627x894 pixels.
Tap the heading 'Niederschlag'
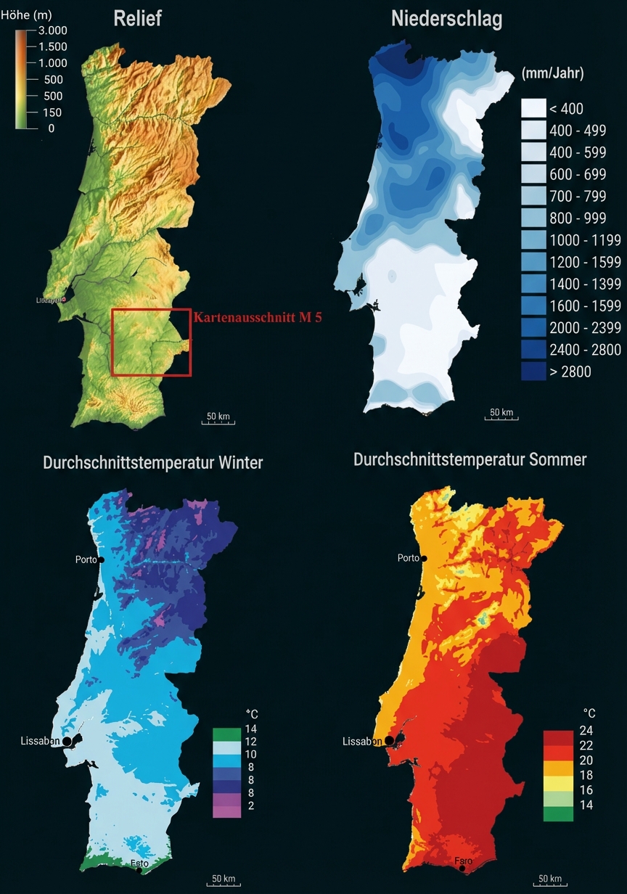(x=446, y=20)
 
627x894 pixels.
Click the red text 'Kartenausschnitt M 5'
(x=258, y=317)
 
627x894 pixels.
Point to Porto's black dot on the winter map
(x=102, y=560)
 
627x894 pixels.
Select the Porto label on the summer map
(x=408, y=558)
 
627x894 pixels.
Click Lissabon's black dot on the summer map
(x=390, y=740)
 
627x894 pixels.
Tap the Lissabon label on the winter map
(x=40, y=741)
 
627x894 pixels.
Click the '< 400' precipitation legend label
(x=566, y=109)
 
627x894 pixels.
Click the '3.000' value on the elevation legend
(x=53, y=30)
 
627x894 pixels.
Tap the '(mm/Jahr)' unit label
(x=552, y=73)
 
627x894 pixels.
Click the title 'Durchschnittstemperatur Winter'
(x=152, y=462)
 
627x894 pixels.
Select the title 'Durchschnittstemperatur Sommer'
(x=470, y=459)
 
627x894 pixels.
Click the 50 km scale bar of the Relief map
(x=218, y=419)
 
